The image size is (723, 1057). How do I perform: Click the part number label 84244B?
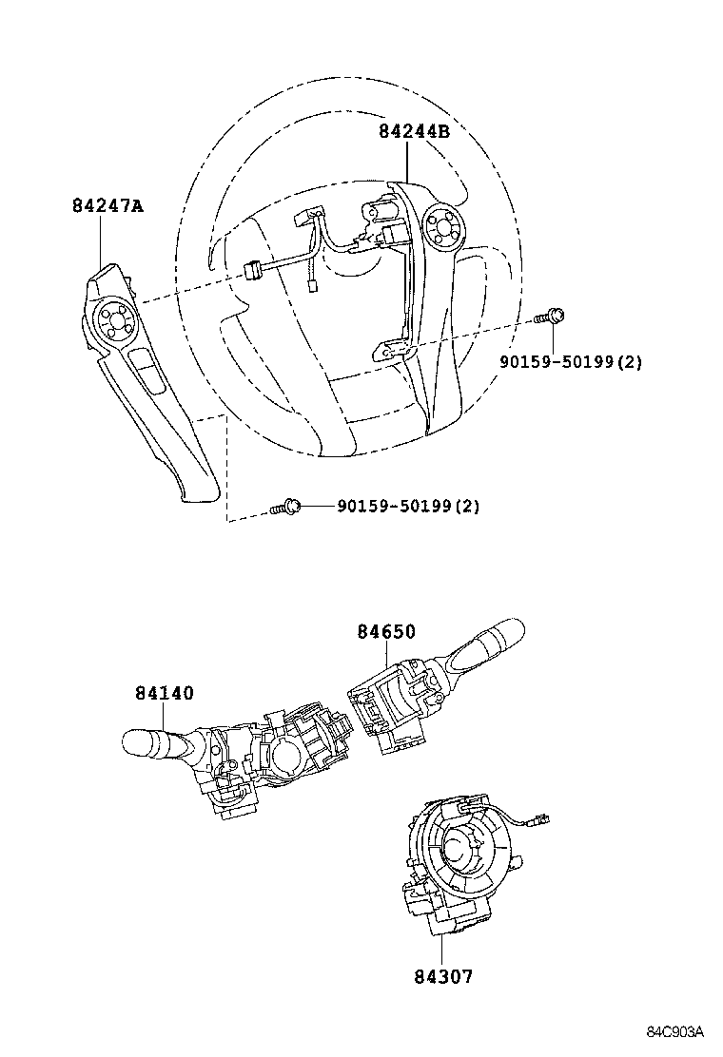tap(414, 132)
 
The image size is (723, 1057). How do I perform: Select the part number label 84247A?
tap(107, 205)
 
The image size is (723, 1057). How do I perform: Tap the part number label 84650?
tap(386, 632)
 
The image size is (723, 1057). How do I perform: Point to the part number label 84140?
tap(164, 693)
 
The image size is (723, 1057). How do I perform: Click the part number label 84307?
tap(442, 976)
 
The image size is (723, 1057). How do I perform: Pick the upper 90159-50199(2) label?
tap(571, 362)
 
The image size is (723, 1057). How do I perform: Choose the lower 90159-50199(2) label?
tap(407, 507)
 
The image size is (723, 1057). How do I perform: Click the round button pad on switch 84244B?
tap(442, 226)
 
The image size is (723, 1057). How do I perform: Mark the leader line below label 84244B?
tap(409, 162)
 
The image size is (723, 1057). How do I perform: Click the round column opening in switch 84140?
tap(288, 759)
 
